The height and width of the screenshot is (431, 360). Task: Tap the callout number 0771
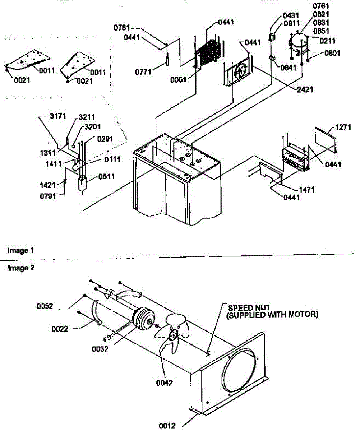click(x=142, y=72)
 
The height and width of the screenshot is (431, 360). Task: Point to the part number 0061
click(x=178, y=80)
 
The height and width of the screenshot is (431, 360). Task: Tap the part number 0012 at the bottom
click(x=167, y=426)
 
